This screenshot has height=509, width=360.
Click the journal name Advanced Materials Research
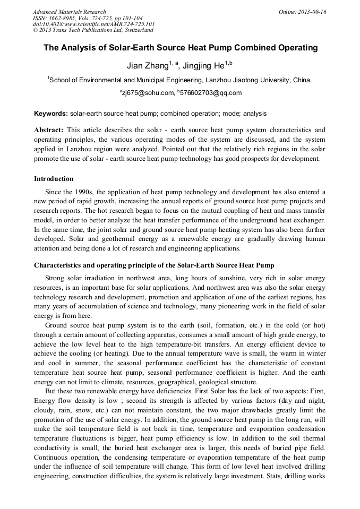click(69, 12)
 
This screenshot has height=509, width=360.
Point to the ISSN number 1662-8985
click(68, 18)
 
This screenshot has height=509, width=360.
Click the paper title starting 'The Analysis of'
click(180, 48)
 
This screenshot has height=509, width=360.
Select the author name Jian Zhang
click(147, 66)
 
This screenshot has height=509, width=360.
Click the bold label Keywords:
click(51, 114)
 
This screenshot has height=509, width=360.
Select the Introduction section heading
click(54, 178)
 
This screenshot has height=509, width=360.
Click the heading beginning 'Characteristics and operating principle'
click(154, 265)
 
